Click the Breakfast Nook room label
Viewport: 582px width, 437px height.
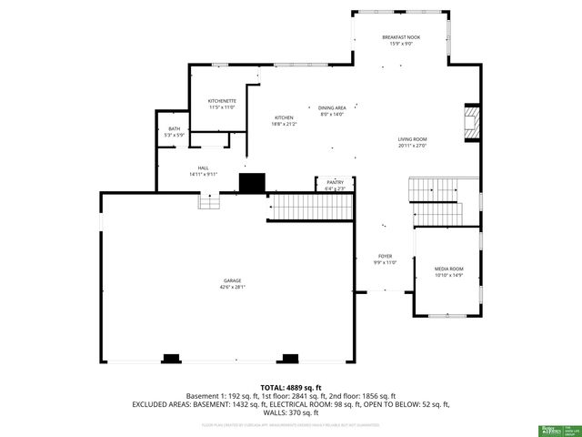tap(401, 36)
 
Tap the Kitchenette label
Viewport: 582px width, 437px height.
tap(222, 101)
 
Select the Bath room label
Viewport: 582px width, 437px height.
tap(174, 128)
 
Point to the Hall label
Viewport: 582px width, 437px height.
tap(204, 168)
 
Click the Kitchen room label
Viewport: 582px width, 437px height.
tap(284, 118)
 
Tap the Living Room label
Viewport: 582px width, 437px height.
tap(412, 139)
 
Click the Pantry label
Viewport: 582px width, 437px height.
tap(335, 183)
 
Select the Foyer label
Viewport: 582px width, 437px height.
tap(386, 257)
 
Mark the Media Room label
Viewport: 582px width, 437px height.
tap(449, 269)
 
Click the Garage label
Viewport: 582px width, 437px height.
tap(232, 279)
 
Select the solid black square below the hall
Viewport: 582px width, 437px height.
tap(252, 182)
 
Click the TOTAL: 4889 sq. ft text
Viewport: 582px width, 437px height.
tap(291, 388)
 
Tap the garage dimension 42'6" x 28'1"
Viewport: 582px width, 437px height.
tap(232, 287)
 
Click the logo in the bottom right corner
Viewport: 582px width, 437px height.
tap(554, 428)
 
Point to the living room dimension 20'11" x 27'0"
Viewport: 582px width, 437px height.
tap(412, 146)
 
